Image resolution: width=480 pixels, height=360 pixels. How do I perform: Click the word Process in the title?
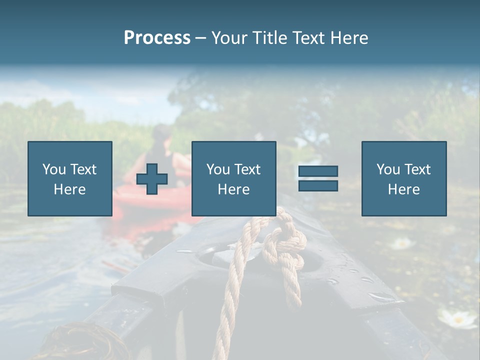click(x=157, y=38)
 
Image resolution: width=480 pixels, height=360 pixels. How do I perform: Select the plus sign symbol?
click(x=152, y=179)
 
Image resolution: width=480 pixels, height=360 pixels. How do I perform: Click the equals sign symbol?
click(x=318, y=178)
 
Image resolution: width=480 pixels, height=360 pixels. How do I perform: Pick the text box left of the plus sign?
click(x=70, y=179)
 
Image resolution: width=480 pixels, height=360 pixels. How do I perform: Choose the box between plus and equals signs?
click(x=233, y=179)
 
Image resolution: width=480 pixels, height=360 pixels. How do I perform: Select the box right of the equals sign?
click(x=404, y=179)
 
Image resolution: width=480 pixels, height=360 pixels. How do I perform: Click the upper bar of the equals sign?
click(x=318, y=171)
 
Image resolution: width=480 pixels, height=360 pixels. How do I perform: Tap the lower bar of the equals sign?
click(x=318, y=185)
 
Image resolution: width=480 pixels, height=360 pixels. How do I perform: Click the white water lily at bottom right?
click(x=457, y=318)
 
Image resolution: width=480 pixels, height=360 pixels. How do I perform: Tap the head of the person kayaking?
click(x=161, y=134)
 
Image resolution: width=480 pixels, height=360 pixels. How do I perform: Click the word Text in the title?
click(x=307, y=38)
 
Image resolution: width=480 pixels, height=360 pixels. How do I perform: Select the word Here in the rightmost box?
click(x=404, y=189)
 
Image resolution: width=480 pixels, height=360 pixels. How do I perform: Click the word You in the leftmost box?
click(x=53, y=169)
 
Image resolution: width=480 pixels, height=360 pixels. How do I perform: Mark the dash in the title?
click(x=200, y=38)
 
